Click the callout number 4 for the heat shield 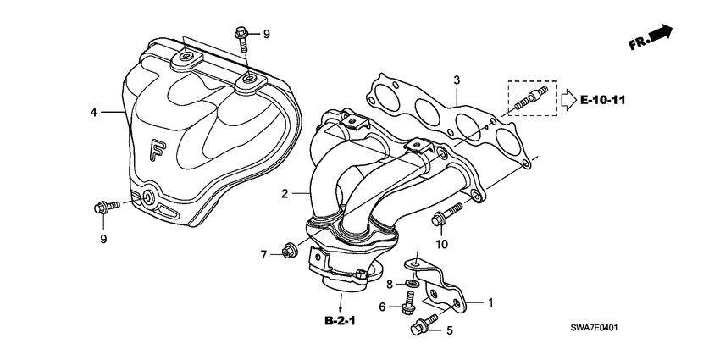click(95, 111)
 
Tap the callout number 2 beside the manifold click(285, 194)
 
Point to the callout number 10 click(440, 245)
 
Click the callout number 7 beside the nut click(263, 254)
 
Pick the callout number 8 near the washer click(390, 284)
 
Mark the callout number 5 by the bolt click(450, 331)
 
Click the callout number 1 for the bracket click(488, 301)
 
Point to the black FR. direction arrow click(660, 33)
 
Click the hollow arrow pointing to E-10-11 click(566, 99)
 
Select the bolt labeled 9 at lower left click(104, 205)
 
